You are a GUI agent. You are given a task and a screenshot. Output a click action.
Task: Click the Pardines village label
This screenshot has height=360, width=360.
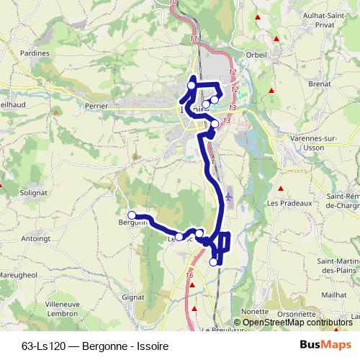35,53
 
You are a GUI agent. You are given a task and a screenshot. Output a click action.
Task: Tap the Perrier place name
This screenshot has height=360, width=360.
95,105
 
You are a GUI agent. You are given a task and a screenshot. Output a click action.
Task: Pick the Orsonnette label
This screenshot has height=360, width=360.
297,312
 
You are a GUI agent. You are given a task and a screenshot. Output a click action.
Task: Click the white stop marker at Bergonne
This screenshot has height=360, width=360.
132,215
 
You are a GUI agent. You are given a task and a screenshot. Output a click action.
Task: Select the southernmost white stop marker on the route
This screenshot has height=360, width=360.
213,262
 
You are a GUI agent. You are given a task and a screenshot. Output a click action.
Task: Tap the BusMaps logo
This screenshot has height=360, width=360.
325,345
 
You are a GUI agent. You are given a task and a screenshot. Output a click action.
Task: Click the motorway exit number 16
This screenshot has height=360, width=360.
189,275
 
